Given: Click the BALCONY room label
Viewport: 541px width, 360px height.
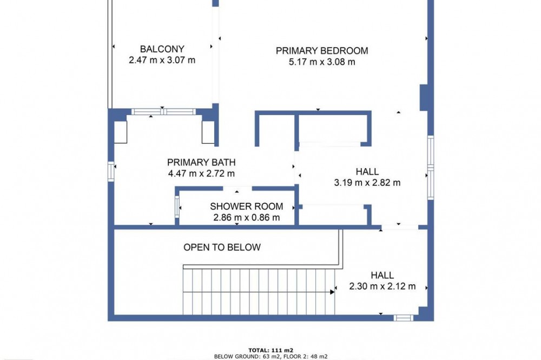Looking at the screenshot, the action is point(162,49).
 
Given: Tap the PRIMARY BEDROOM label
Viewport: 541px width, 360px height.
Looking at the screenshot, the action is point(322,51).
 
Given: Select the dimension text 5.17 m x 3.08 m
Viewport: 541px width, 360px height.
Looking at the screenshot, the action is point(322,62).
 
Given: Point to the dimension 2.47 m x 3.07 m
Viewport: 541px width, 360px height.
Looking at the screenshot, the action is point(162,60).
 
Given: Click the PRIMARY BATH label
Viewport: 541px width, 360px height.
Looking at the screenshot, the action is point(201,162).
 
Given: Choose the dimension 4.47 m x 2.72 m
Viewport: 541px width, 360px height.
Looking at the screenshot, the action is point(201,174).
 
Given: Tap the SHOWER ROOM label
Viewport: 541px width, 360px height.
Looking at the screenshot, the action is point(246,206).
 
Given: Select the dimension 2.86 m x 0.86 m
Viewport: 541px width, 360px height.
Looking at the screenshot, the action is point(246,218).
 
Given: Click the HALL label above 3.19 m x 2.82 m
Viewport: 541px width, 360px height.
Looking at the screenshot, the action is point(367,171).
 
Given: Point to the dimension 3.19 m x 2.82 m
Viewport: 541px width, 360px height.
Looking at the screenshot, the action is point(367,183).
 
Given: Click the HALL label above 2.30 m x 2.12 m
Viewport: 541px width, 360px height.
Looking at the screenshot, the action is point(382,275).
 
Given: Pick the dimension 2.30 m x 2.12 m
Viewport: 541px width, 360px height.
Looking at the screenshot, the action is point(382,286).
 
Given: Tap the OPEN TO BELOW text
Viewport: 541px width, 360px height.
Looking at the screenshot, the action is point(222,247).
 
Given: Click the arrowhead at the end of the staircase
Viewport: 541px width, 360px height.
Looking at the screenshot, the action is point(332,292).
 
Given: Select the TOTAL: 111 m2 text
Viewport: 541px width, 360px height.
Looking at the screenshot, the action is point(271,350).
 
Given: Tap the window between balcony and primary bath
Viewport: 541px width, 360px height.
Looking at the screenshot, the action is point(163,111).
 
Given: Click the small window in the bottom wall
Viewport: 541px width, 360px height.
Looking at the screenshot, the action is point(404,318).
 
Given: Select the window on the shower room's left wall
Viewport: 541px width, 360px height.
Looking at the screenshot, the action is point(177,206).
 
